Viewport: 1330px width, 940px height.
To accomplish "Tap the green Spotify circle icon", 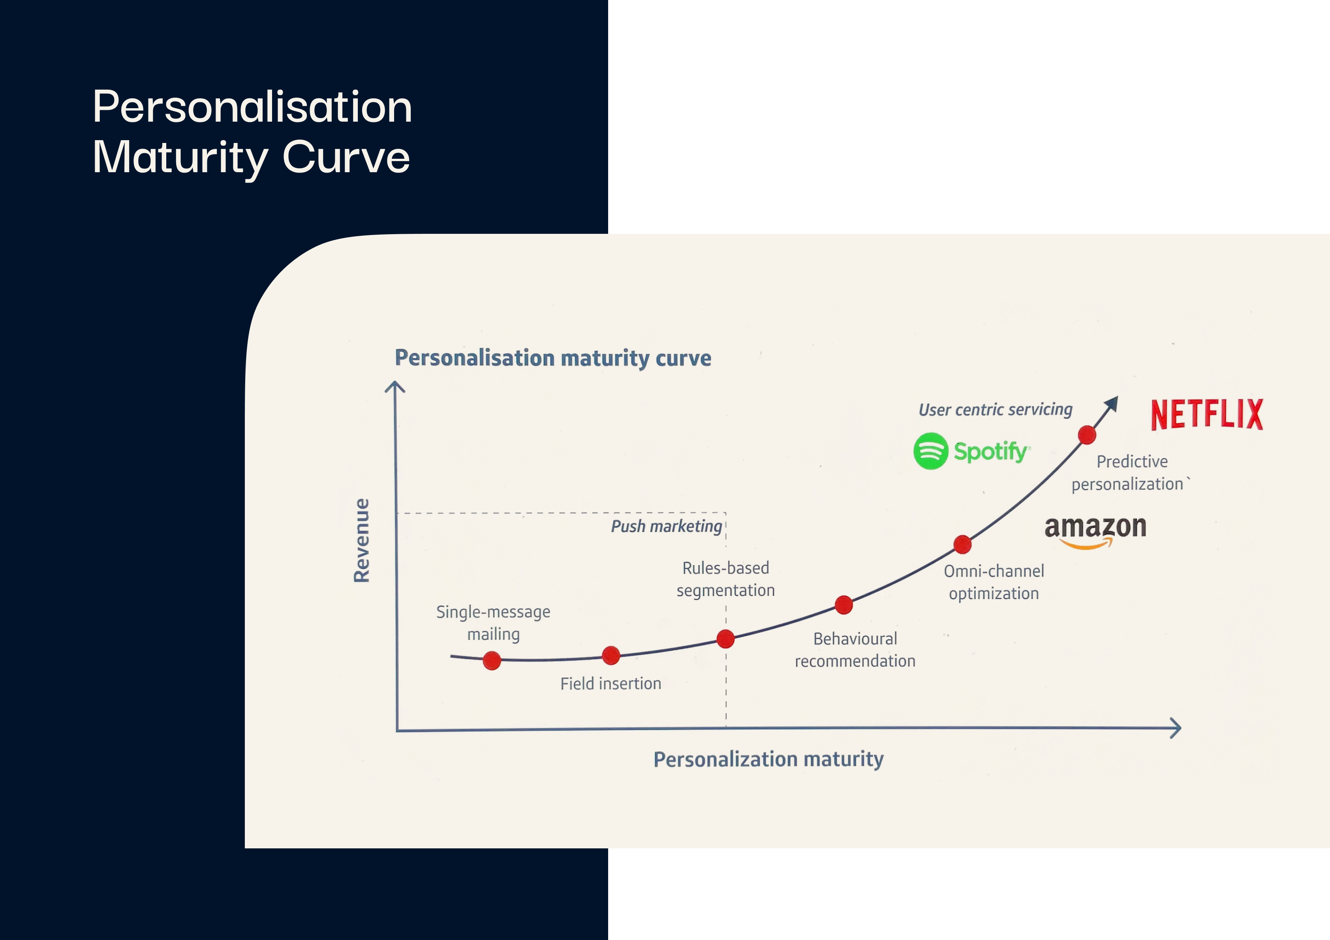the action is [x=931, y=451].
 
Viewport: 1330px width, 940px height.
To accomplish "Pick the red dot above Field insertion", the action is [x=611, y=656].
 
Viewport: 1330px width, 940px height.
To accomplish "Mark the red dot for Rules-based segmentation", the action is [x=726, y=639].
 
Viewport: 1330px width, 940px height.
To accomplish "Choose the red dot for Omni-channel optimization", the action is [x=963, y=545].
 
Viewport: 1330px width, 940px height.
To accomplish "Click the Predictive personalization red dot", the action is [x=1087, y=434].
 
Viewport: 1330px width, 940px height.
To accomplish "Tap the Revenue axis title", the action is [x=361, y=540].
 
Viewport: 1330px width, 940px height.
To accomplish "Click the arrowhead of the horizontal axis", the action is [x=1176, y=728].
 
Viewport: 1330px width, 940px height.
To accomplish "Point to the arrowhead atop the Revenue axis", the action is [x=395, y=387].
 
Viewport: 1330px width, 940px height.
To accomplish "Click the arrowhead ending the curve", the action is [x=1111, y=403].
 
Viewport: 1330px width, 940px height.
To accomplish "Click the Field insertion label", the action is [x=611, y=684].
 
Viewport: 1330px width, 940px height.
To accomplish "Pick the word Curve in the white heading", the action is [x=346, y=157].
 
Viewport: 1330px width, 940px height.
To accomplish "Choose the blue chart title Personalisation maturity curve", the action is [x=553, y=358].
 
